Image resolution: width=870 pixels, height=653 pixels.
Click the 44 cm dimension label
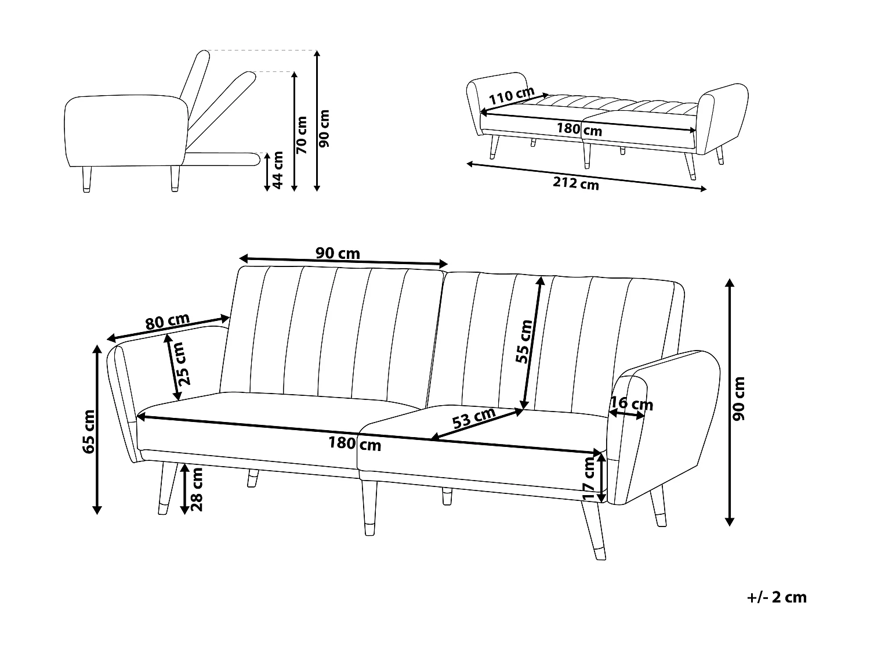point(278,170)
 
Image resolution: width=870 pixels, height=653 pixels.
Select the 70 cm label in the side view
point(301,135)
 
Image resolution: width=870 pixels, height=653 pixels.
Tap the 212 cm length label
point(575,183)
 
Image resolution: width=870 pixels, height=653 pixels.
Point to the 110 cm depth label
point(510,95)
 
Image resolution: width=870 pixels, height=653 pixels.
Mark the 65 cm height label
point(89,431)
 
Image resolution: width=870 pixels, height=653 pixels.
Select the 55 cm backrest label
point(524,341)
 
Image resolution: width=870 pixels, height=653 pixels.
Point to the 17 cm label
point(589,478)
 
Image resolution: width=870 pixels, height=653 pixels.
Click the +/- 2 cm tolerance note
point(777,597)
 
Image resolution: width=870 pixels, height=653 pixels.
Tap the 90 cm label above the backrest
point(338,253)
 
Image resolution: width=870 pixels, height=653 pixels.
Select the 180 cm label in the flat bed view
point(579,129)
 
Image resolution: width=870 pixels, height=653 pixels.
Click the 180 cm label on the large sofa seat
point(355,444)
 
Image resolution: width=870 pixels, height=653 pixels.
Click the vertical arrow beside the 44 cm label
point(267,172)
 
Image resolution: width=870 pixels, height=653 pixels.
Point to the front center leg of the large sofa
point(369,508)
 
